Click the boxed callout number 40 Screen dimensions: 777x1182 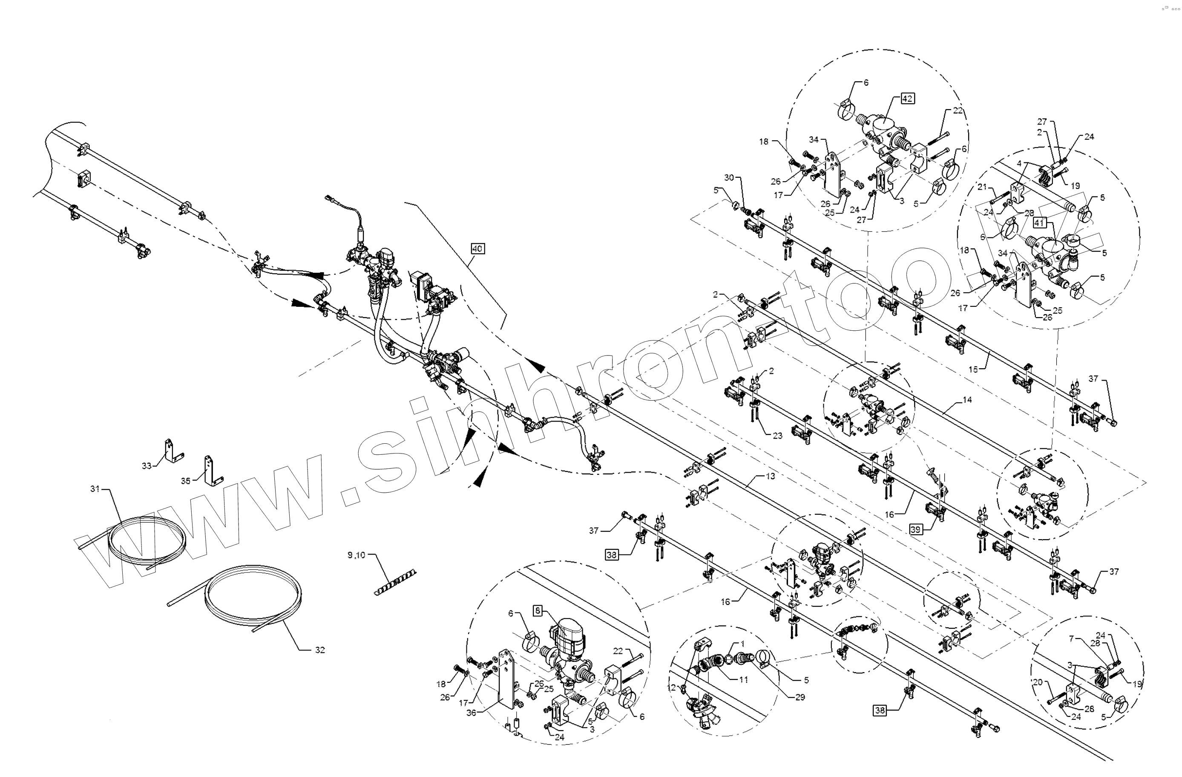(x=477, y=248)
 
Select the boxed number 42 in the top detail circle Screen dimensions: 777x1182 (x=907, y=98)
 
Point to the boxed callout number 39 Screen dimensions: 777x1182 (x=916, y=530)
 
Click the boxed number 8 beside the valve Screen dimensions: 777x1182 (x=538, y=611)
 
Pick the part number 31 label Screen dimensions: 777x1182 (x=95, y=489)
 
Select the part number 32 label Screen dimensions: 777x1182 (x=320, y=650)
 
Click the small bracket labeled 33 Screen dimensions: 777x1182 (x=170, y=451)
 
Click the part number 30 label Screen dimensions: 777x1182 (x=728, y=177)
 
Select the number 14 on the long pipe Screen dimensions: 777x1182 (x=967, y=399)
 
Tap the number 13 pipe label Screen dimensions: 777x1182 (x=770, y=476)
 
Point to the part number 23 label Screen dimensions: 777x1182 (x=777, y=436)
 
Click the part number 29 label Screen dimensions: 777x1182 (x=800, y=697)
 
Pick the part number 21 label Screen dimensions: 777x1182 (x=982, y=187)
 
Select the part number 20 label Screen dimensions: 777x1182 (x=1038, y=683)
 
